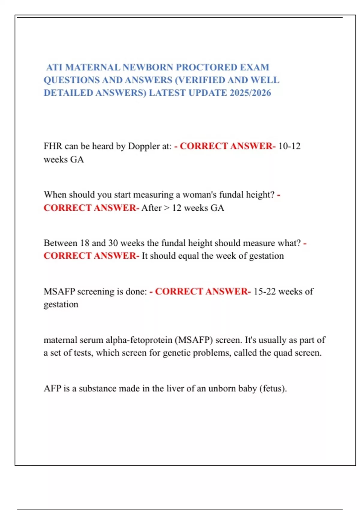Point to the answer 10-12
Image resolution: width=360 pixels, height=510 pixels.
coord(289,146)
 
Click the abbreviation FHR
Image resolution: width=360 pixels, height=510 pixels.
coord(53,146)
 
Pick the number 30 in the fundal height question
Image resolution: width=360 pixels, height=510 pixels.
coord(113,243)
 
